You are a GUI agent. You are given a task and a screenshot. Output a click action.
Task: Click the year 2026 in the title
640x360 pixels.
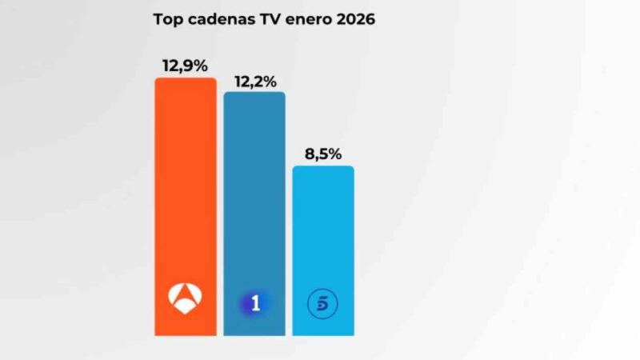(354, 19)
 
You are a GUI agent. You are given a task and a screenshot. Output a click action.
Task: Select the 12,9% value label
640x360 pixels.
(186, 66)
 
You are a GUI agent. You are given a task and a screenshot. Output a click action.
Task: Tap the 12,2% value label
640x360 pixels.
(254, 81)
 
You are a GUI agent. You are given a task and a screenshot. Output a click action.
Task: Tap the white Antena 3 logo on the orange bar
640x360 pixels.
(186, 297)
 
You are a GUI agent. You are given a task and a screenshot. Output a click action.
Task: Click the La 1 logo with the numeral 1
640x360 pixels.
(254, 303)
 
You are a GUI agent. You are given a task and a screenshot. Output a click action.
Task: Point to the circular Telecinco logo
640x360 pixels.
(323, 303)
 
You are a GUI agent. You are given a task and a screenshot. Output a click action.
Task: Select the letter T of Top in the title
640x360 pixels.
(158, 19)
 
